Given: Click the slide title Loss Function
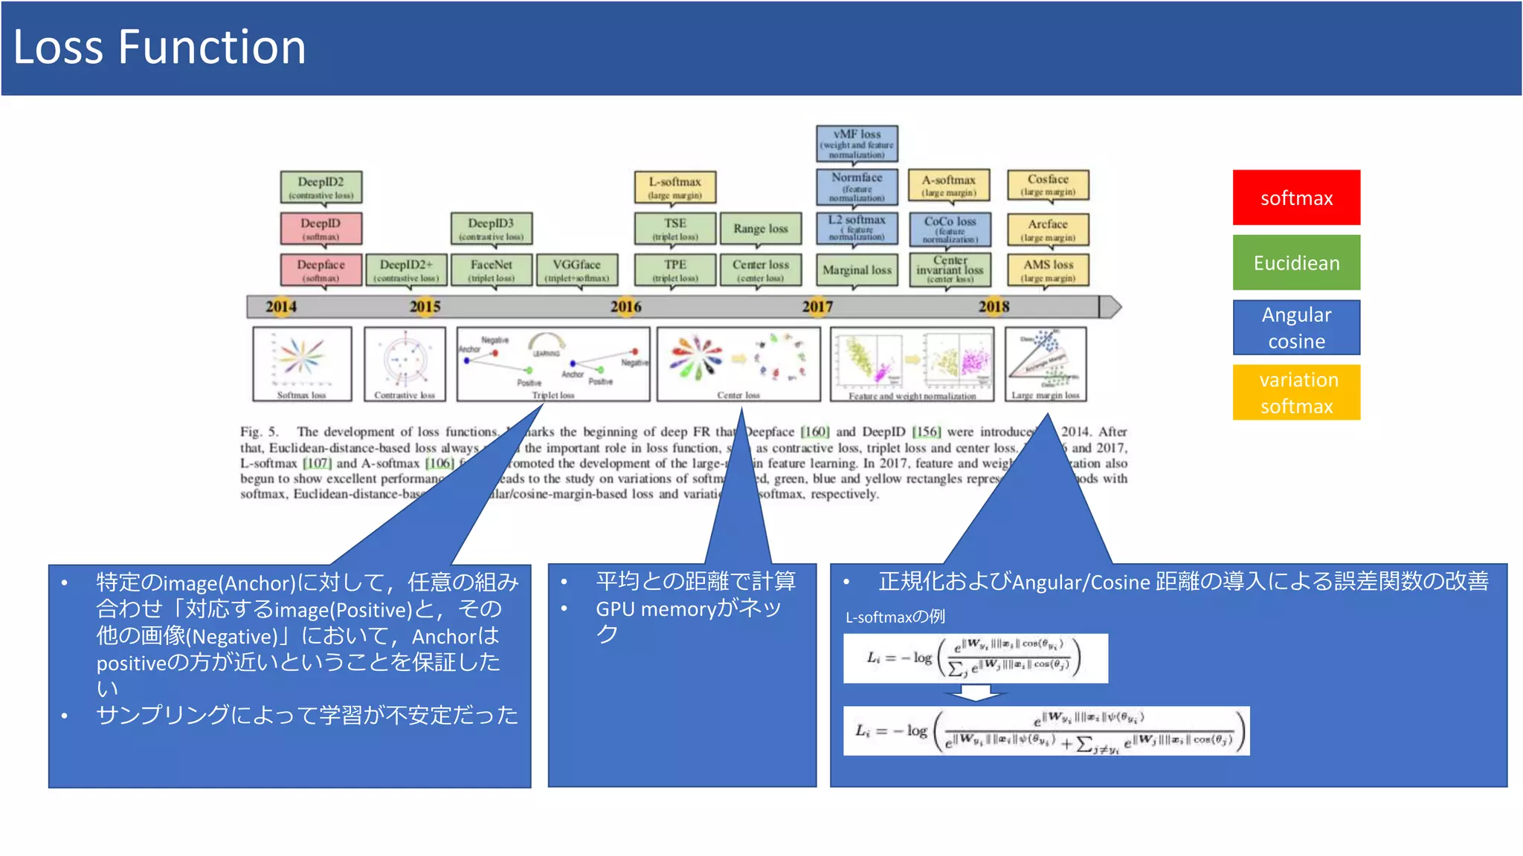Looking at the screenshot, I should [159, 47].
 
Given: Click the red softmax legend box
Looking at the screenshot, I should [1295, 198].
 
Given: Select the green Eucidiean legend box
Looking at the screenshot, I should [1295, 262].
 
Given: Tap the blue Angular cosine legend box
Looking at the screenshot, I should [1295, 328].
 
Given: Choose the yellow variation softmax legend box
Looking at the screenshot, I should [1295, 392].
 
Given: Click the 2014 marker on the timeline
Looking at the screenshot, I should [281, 306].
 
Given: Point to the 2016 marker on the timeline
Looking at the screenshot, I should [625, 306].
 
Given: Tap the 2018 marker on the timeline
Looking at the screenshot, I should [994, 306].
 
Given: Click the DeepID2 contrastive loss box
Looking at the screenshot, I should [321, 187].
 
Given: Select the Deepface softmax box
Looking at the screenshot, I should [321, 270].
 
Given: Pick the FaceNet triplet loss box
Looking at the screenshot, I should [491, 270].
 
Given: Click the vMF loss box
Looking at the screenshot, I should [857, 143].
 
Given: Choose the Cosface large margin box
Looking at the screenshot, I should [1047, 185].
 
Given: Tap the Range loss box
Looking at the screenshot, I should [760, 229].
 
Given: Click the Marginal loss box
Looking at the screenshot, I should [857, 270].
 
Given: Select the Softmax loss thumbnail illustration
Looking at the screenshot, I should [302, 364].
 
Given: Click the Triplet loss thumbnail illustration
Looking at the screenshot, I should [553, 364].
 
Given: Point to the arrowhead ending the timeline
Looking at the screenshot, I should [1110, 306].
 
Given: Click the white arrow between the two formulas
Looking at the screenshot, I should [976, 693].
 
